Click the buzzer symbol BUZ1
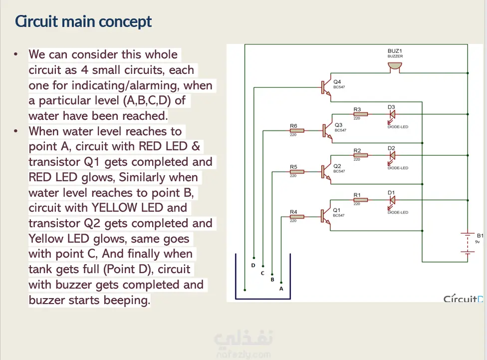pyautogui.click(x=395, y=67)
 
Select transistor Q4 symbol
pyautogui.click(x=326, y=87)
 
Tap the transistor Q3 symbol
pyautogui.click(x=327, y=130)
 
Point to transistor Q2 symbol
pyautogui.click(x=326, y=171)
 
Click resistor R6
pyautogui.click(x=296, y=131)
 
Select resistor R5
pyautogui.click(x=296, y=172)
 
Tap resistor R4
pyautogui.click(x=296, y=217)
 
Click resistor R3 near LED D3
pyautogui.click(x=360, y=114)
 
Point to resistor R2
pyautogui.click(x=360, y=155)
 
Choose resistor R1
pyautogui.click(x=360, y=200)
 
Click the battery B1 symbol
pyautogui.click(x=468, y=243)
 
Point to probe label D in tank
pyautogui.click(x=253, y=265)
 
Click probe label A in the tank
pyautogui.click(x=281, y=289)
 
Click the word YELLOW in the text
pyautogui.click(x=115, y=208)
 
